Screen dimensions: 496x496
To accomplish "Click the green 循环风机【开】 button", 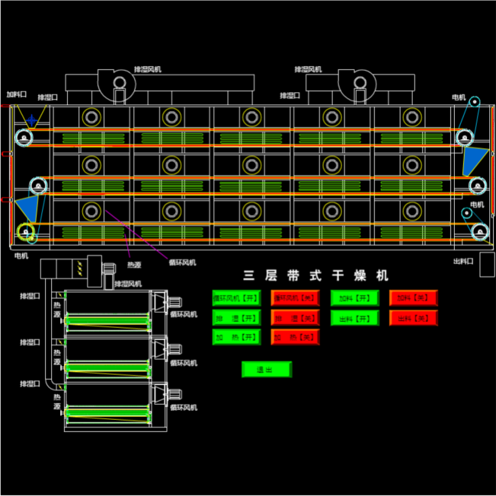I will tap(236, 297).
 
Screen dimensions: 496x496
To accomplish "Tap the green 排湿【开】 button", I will tap(236, 317).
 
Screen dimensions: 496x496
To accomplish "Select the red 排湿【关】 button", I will tap(295, 317).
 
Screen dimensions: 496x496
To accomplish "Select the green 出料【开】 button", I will tap(354, 317).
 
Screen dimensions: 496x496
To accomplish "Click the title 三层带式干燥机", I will tap(315, 275).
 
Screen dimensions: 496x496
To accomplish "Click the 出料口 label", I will tap(463, 261).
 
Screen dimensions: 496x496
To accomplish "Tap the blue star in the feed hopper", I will tap(30, 120).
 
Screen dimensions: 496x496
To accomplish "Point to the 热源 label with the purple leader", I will tap(134, 265).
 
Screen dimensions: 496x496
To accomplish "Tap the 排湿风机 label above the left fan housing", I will tap(147, 69).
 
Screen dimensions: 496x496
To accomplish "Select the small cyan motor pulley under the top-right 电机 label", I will tap(474, 102).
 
